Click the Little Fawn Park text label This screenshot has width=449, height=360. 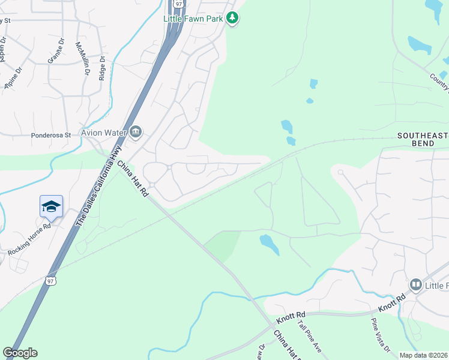pos(194,19)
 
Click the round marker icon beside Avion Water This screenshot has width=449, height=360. pos(136,132)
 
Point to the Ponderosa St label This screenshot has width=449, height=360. pos(51,136)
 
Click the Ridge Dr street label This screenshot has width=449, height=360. pos(102,68)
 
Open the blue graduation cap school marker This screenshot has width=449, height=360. pos(51,207)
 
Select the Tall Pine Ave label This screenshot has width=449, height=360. pos(310,337)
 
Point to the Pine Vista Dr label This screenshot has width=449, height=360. pos(379,338)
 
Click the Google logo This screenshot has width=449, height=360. pos(20,353)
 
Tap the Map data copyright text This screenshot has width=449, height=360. pos(424,355)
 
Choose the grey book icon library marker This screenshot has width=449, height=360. pos(415,284)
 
